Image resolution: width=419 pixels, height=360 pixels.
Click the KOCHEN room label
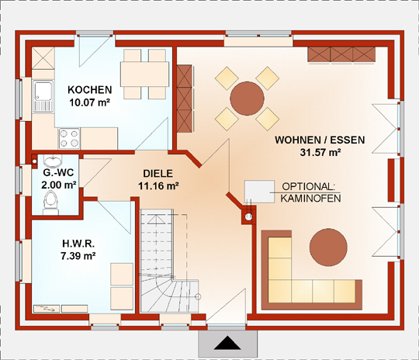[x=90, y=90]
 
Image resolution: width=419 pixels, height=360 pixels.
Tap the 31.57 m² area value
[x=320, y=152]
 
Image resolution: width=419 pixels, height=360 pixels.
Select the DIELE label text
[x=158, y=174]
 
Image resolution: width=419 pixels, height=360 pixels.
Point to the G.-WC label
[x=58, y=173]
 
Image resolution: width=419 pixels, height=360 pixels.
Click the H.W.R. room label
[x=78, y=244]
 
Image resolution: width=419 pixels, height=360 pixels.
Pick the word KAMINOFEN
[x=310, y=199]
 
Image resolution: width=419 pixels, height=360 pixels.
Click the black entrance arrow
[x=227, y=343]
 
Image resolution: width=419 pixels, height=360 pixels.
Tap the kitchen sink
[x=43, y=96]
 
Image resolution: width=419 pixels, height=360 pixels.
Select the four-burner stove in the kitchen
[x=70, y=138]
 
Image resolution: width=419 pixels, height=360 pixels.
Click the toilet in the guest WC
[x=50, y=202]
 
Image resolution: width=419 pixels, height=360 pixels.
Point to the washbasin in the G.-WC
[x=53, y=161]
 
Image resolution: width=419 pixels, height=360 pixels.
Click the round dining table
[x=248, y=99]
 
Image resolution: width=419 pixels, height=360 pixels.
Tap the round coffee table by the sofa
[x=328, y=247]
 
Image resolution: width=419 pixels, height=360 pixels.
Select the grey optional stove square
[x=259, y=192]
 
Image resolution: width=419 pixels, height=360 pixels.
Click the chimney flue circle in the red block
[x=248, y=216]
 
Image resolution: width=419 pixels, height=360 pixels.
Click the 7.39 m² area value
[x=78, y=256]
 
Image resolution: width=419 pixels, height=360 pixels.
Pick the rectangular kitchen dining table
[x=144, y=74]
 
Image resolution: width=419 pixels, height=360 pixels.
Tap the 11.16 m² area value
[x=158, y=185]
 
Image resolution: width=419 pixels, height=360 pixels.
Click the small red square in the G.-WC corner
[x=34, y=161]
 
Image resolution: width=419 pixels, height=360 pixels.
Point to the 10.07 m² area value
[x=90, y=102]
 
